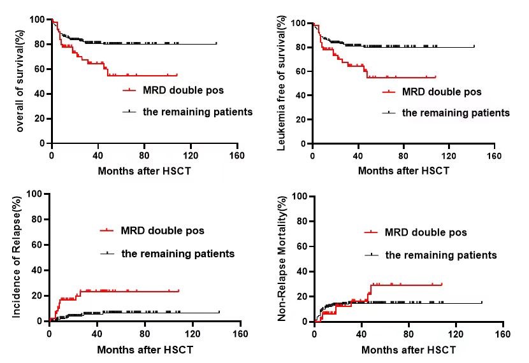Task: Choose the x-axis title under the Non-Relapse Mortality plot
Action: [409, 350]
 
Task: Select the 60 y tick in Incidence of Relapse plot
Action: [37, 245]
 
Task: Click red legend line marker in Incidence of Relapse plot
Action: [108, 230]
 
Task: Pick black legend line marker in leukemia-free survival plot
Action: [389, 113]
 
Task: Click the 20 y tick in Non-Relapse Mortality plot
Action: [301, 296]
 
